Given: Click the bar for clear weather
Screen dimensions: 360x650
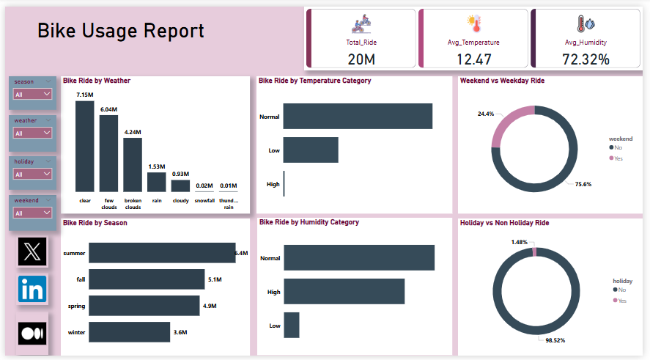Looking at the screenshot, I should pyautogui.click(x=85, y=146).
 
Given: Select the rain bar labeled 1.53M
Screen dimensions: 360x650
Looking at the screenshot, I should pyautogui.click(x=157, y=182).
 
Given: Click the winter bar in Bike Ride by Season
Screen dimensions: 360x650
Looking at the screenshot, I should pyautogui.click(x=130, y=332).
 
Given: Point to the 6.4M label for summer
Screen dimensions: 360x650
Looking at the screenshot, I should pyautogui.click(x=241, y=253).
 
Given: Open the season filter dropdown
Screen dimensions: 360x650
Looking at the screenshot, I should pyautogui.click(x=33, y=94).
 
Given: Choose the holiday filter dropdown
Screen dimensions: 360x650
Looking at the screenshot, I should pyautogui.click(x=33, y=174).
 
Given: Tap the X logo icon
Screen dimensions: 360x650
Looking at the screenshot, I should pyautogui.click(x=32, y=252).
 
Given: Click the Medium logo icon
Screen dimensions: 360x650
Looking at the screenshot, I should pyautogui.click(x=32, y=333).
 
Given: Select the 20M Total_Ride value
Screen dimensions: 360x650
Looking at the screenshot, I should pyautogui.click(x=361, y=59).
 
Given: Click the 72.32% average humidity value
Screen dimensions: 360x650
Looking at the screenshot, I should pyautogui.click(x=586, y=59).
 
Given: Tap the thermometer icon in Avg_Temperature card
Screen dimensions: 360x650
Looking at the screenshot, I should pyautogui.click(x=473, y=24).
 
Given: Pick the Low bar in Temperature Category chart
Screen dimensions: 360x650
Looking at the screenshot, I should pyautogui.click(x=311, y=150).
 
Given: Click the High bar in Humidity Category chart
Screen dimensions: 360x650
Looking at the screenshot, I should pyautogui.click(x=344, y=291).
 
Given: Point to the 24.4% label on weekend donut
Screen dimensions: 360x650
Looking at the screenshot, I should pyautogui.click(x=485, y=114).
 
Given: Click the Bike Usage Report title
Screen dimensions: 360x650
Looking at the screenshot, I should pyautogui.click(x=121, y=31).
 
